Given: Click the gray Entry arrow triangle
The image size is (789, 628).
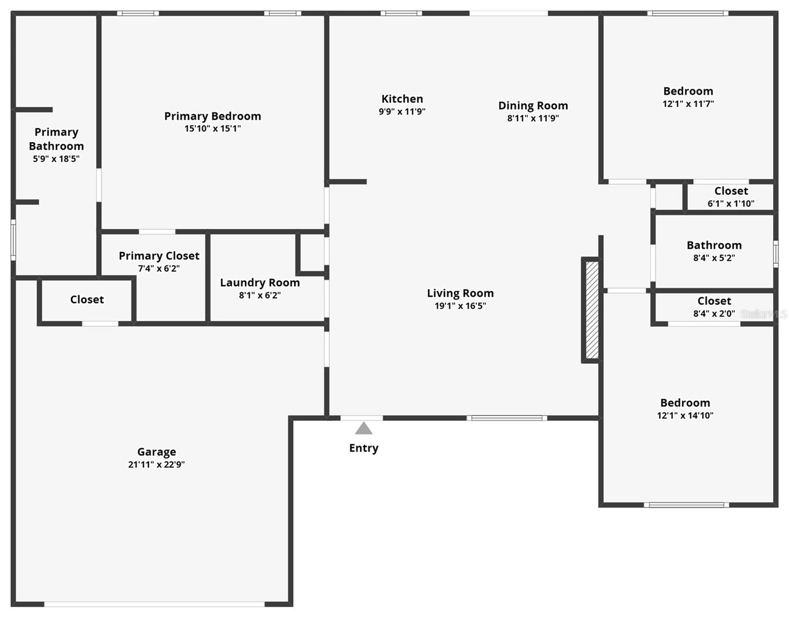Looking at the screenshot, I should click(x=363, y=429).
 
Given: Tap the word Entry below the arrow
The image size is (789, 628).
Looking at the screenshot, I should click(x=363, y=448).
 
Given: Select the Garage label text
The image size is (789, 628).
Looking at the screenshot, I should click(x=156, y=452).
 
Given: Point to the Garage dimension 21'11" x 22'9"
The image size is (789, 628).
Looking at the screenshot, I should click(x=156, y=464).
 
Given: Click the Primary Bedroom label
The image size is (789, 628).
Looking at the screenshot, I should click(x=212, y=116).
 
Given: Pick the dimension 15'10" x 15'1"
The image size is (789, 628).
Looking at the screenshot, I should click(x=212, y=129).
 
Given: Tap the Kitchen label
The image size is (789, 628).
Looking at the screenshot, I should click(x=402, y=99).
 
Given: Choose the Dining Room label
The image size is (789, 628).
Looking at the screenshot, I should click(x=533, y=106).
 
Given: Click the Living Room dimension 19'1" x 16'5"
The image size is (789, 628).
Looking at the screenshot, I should click(x=460, y=306).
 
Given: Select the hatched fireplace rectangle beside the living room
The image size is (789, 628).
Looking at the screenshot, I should click(x=591, y=310).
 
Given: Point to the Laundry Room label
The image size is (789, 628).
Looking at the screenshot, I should click(x=260, y=283).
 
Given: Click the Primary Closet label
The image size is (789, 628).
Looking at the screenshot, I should click(x=159, y=256).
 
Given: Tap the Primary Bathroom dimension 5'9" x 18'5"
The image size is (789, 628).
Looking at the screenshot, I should click(x=56, y=159).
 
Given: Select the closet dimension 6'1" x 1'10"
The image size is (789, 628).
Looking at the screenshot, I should click(x=730, y=204).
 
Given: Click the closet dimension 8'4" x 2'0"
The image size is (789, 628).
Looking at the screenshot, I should click(x=714, y=313).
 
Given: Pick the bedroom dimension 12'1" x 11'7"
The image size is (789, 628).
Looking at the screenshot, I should click(x=688, y=104).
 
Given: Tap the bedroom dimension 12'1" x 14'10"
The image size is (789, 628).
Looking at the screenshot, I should click(x=685, y=416).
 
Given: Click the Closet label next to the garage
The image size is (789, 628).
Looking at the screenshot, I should click(x=87, y=299).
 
